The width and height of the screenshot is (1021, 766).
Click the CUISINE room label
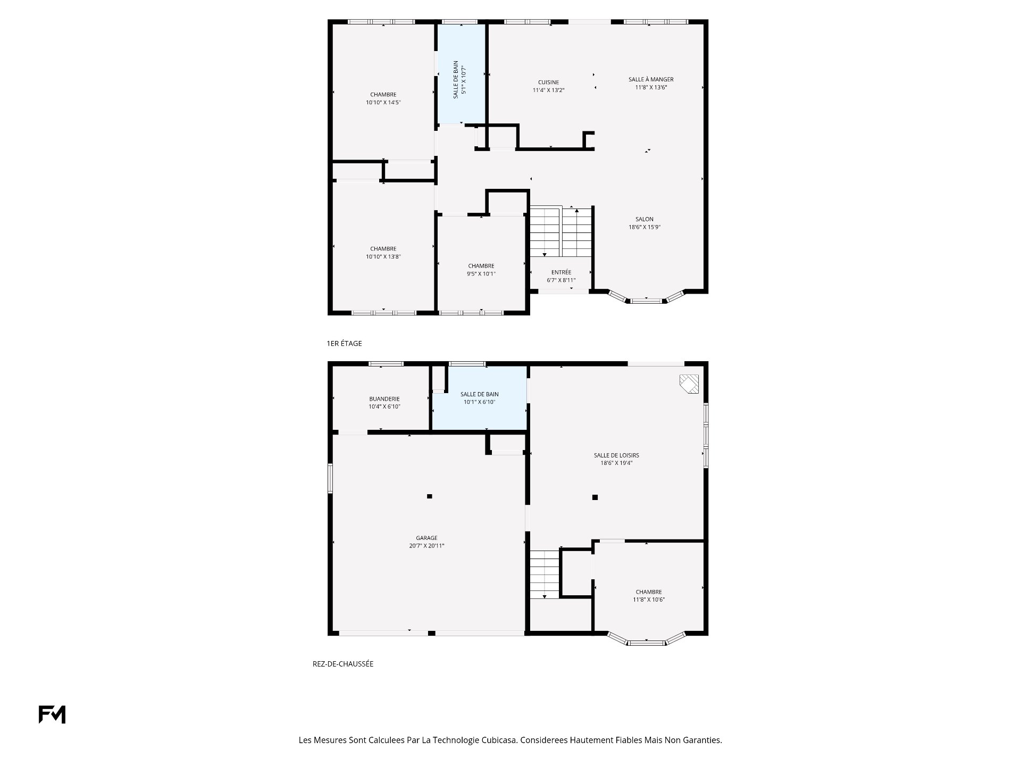(x=548, y=82)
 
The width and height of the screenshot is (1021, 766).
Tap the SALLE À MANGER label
(x=651, y=80)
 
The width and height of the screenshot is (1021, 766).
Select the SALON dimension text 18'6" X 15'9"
(x=645, y=227)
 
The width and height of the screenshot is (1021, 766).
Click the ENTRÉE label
(x=561, y=272)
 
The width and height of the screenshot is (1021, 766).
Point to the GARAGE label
(x=426, y=538)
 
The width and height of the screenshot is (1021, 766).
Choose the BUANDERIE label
(x=384, y=399)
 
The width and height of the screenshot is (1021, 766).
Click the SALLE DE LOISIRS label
(x=616, y=455)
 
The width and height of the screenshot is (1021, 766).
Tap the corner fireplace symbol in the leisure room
(x=690, y=384)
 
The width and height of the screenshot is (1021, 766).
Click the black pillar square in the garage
(x=430, y=496)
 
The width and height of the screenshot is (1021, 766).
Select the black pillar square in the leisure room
(x=595, y=497)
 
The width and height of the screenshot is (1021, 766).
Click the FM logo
(x=52, y=714)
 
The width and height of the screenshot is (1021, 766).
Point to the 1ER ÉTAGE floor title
(x=344, y=344)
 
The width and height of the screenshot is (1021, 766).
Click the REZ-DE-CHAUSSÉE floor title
(x=343, y=664)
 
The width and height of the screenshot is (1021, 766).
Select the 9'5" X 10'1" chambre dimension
(x=481, y=274)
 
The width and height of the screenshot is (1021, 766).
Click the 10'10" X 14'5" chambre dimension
(x=383, y=103)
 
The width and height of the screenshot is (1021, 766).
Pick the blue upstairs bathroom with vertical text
(x=461, y=74)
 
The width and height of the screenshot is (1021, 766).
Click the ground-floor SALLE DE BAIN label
(x=480, y=394)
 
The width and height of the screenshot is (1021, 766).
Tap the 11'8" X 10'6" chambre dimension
(x=649, y=600)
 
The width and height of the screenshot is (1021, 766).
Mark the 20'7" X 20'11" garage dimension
(x=426, y=546)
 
